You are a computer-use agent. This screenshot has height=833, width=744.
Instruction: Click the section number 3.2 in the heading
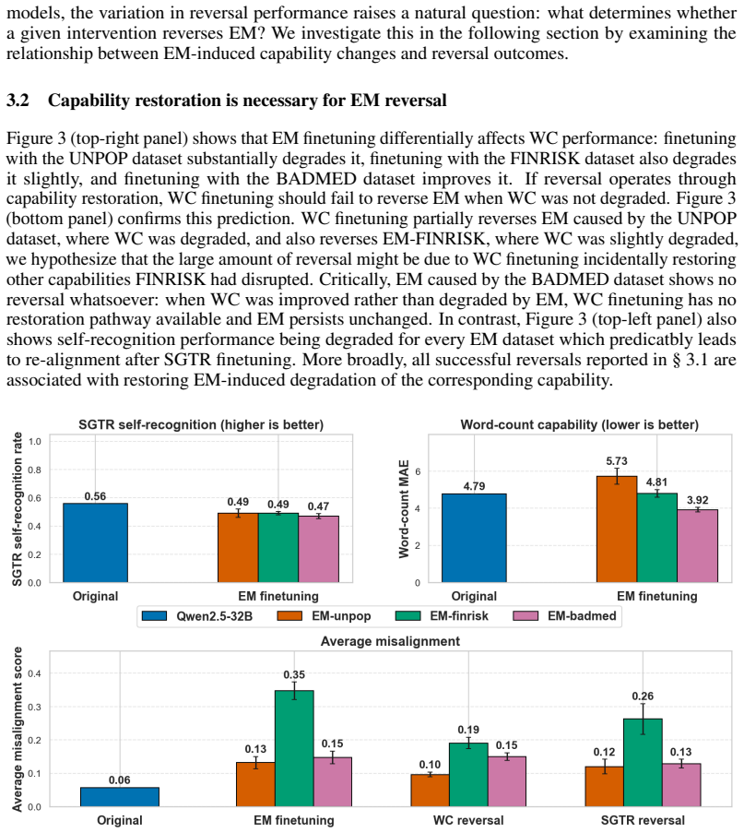pyautogui.click(x=18, y=101)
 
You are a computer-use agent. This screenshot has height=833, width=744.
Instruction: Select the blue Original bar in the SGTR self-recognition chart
pyautogui.click(x=96, y=542)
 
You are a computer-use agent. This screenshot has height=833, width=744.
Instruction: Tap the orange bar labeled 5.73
pyautogui.click(x=617, y=530)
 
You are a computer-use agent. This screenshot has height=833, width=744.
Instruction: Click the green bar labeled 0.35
pyautogui.click(x=294, y=748)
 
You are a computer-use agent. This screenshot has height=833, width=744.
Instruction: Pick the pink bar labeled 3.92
pyautogui.click(x=697, y=546)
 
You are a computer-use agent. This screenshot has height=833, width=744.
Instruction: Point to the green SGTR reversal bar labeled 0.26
pyautogui.click(x=643, y=763)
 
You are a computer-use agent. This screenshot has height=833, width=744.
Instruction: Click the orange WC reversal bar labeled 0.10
pyautogui.click(x=430, y=791)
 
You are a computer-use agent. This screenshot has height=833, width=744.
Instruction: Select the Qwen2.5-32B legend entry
pyautogui.click(x=205, y=615)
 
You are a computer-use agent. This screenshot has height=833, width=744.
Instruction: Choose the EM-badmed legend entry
pyautogui.click(x=564, y=615)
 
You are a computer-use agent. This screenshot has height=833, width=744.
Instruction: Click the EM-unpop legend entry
pyautogui.click(x=324, y=615)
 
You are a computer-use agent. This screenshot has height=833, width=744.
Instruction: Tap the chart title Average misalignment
pyautogui.click(x=390, y=641)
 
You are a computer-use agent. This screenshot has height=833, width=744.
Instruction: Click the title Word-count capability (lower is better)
pyautogui.click(x=579, y=424)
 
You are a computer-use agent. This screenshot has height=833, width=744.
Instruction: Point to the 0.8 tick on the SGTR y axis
pyautogui.click(x=34, y=470)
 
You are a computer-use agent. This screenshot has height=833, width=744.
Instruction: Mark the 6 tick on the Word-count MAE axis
pyautogui.click(x=418, y=471)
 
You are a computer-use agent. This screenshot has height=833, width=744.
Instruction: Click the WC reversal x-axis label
pyautogui.click(x=468, y=820)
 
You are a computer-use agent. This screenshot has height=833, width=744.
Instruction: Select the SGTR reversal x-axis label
pyautogui.click(x=643, y=820)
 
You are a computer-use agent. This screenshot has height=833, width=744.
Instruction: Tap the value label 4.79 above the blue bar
pyautogui.click(x=474, y=486)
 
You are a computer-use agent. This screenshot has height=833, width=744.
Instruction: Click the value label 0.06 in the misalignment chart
pyautogui.click(x=120, y=779)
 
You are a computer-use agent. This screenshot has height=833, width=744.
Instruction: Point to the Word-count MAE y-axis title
pyautogui.click(x=404, y=509)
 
